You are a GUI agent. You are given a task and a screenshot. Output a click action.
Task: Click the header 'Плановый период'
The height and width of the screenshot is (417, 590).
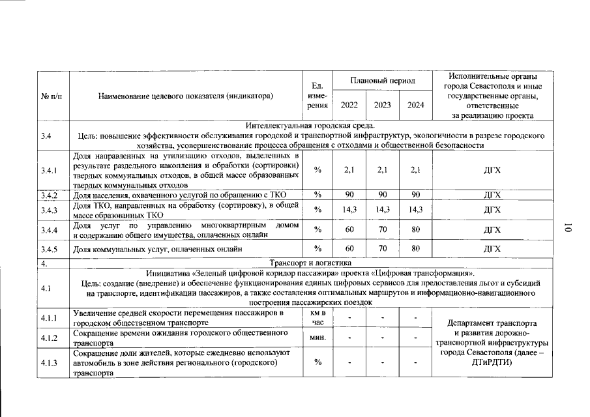(x=382, y=81)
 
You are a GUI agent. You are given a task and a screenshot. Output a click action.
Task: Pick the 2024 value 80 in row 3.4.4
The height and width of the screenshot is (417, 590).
(x=415, y=229)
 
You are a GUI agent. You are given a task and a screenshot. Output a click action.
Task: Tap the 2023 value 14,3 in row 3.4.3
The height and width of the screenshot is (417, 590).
(x=382, y=210)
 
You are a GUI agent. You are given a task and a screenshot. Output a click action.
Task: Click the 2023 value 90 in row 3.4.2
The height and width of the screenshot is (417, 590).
(x=382, y=195)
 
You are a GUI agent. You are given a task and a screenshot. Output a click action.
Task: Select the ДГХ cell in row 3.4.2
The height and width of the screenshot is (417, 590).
(x=492, y=195)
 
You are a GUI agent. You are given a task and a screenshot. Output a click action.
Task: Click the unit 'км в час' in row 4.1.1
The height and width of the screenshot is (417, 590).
(x=318, y=318)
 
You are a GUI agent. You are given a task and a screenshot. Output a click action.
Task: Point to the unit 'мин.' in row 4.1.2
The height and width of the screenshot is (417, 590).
(x=318, y=338)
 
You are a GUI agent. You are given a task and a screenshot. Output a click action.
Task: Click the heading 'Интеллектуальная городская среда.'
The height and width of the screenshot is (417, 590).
(x=309, y=126)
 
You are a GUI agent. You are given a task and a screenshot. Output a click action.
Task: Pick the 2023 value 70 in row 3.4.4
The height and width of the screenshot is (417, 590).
(x=382, y=229)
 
